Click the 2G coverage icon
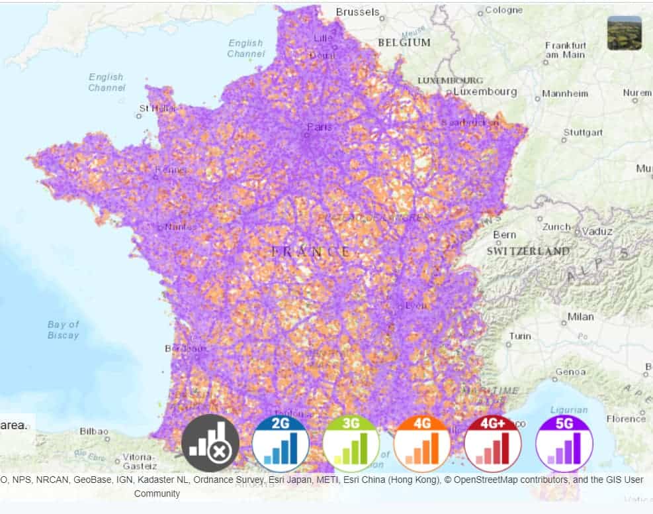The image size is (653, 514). (x=281, y=443)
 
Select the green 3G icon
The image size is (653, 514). (x=351, y=443)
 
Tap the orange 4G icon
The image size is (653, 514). (x=422, y=443)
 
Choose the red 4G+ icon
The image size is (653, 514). (x=493, y=443)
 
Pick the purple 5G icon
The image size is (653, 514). (x=564, y=443)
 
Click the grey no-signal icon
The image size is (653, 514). (x=210, y=443)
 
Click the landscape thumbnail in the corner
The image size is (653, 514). (x=624, y=33)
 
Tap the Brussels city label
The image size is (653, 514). (x=357, y=12)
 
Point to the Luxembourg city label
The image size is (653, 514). (x=485, y=91)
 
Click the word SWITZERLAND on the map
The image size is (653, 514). (x=528, y=251)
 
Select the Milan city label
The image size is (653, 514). (x=580, y=317)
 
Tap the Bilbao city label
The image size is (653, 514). (x=93, y=431)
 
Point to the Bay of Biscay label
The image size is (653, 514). (x=64, y=330)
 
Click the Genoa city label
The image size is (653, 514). (x=570, y=372)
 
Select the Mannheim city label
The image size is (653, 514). (x=564, y=93)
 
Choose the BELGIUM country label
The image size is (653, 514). (x=404, y=42)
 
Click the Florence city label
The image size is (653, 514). (x=626, y=419)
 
